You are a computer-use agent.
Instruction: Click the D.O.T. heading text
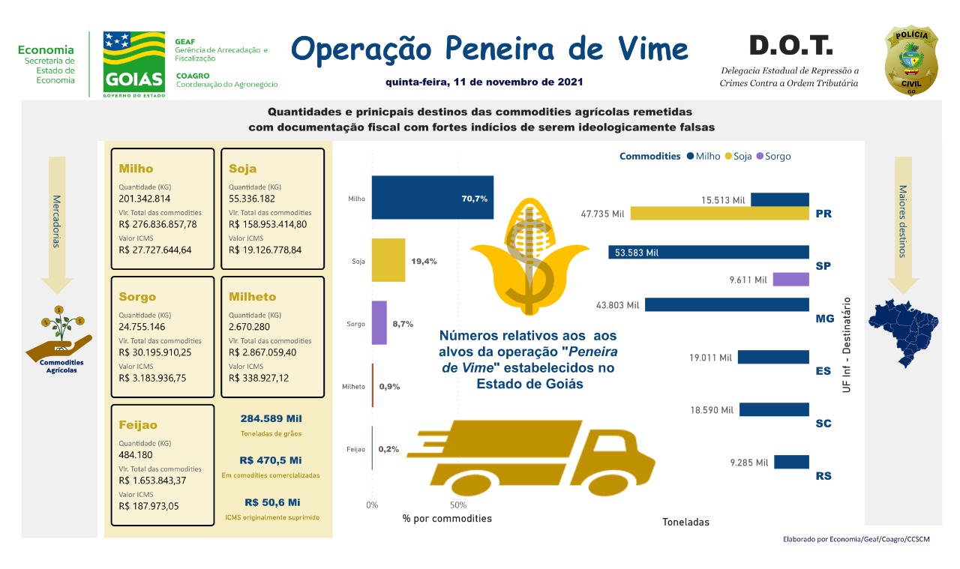coord(790,46)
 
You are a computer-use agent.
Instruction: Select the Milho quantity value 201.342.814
coord(145,199)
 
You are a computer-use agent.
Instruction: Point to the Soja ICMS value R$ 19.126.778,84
coord(265,250)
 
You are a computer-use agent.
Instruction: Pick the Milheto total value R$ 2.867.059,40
coord(265,352)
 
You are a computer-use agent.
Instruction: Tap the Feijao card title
coord(138,425)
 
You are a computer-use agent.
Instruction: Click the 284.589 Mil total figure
coord(271,418)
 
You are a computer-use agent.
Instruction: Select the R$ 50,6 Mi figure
coord(272,502)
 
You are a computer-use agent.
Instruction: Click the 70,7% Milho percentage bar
coord(433,198)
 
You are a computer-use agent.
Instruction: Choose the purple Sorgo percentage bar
coord(379,322)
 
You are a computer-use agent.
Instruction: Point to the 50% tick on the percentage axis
coord(458,505)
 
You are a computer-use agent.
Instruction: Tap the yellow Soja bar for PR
coord(719,214)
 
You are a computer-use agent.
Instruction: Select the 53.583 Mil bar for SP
coord(709,252)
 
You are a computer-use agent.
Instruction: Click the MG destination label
coord(824,319)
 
